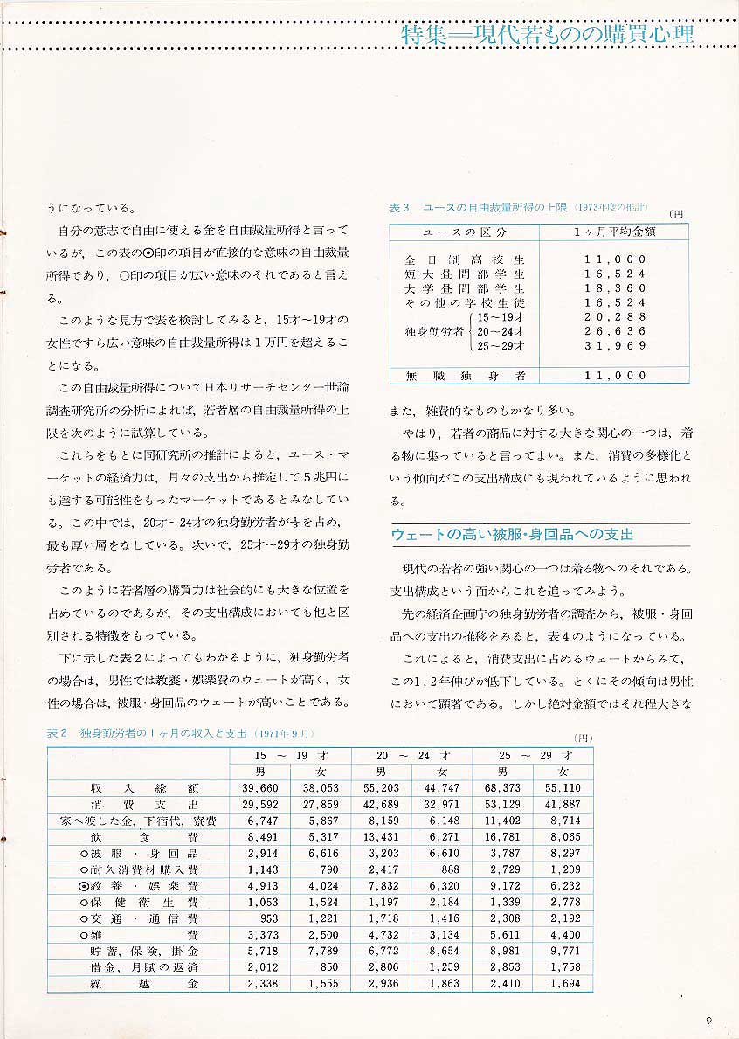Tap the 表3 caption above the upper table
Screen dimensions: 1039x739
(518, 208)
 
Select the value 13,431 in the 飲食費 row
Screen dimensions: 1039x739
(381, 836)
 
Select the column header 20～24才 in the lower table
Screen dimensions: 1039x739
(411, 755)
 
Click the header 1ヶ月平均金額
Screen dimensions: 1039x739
(614, 232)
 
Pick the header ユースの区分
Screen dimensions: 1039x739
(464, 232)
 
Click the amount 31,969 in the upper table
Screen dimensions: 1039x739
(615, 346)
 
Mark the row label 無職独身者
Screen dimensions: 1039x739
(464, 376)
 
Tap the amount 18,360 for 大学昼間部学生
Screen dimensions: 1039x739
(615, 288)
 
